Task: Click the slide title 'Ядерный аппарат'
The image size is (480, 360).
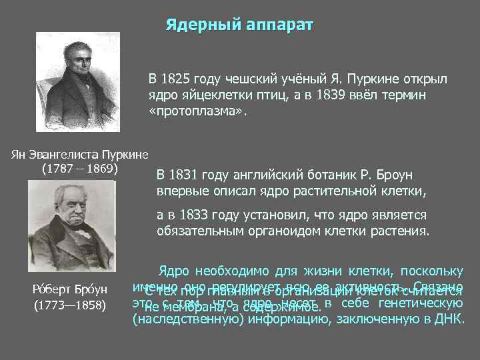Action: point(239,25)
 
